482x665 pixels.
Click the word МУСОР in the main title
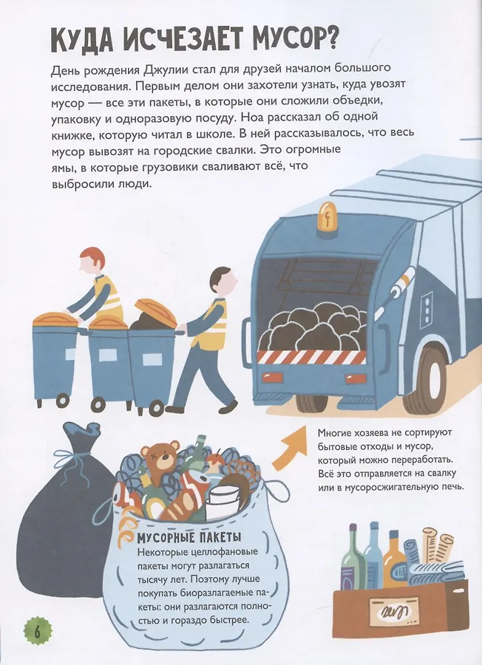point(295,41)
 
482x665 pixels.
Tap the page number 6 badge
point(36,632)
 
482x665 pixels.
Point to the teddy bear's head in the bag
point(161,457)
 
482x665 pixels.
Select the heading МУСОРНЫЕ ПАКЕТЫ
point(189,538)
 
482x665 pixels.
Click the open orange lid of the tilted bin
point(156,311)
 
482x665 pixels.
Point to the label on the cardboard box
point(395,613)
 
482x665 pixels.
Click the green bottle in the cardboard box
point(354,559)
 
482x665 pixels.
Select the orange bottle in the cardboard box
point(395,560)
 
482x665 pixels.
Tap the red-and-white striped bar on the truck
point(312,357)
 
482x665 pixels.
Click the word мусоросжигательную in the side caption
point(403,487)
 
